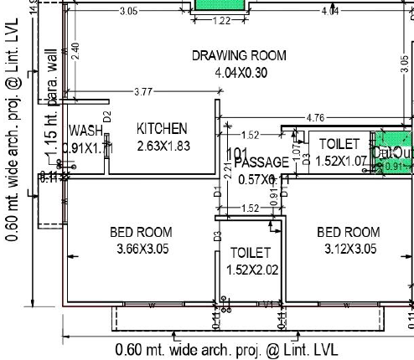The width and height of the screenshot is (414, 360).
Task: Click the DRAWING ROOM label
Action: (x=239, y=56)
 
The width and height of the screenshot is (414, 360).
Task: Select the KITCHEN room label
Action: (x=162, y=129)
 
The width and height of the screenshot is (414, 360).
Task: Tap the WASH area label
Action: (x=85, y=131)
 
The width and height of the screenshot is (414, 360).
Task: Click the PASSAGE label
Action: (x=261, y=162)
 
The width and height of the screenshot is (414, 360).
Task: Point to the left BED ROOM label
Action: (x=141, y=232)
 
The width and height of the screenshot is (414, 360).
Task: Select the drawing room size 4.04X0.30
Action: (x=239, y=73)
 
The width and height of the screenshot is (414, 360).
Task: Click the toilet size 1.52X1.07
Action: (x=339, y=161)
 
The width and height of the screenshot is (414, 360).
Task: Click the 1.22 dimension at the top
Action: (x=222, y=20)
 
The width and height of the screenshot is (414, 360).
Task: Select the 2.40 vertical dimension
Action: (x=75, y=50)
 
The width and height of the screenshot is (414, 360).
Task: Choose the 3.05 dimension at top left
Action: (x=129, y=12)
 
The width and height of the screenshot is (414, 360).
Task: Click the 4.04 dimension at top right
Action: (x=329, y=12)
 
